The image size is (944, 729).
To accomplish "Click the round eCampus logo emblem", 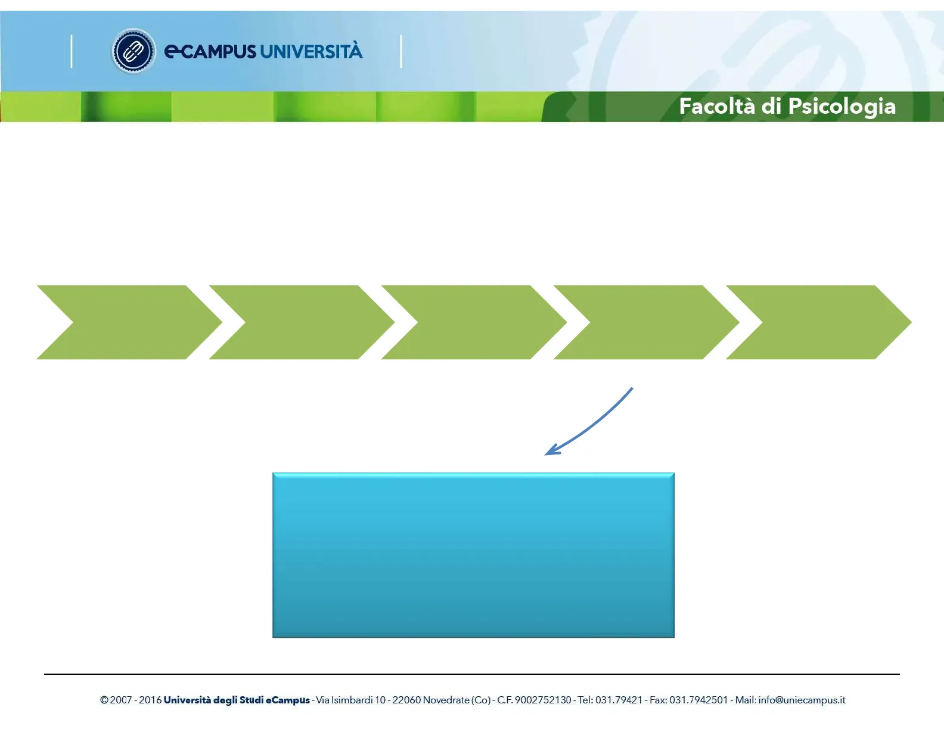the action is point(133,51).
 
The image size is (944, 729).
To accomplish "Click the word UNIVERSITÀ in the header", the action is point(311,51).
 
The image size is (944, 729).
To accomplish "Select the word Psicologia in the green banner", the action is point(842,107).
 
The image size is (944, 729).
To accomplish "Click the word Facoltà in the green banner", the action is point(717,106).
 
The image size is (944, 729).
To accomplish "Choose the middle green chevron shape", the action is point(474,322).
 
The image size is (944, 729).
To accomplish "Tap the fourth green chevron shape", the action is point(647,322).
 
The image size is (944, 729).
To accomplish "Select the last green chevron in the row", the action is point(819,322).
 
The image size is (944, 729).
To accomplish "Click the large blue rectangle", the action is point(474,555).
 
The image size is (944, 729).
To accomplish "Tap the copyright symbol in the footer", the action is point(104,700).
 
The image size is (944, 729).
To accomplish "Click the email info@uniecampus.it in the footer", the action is point(802,700).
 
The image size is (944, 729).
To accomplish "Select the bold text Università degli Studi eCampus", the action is point(237,700).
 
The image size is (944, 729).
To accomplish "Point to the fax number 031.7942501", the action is point(698,700).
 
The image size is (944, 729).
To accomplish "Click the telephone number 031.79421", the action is point(619,700).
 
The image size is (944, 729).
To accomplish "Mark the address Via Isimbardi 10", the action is point(351,700).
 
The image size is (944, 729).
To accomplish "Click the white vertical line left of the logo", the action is point(72,51).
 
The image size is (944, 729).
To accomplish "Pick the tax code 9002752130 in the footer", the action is point(543,700).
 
